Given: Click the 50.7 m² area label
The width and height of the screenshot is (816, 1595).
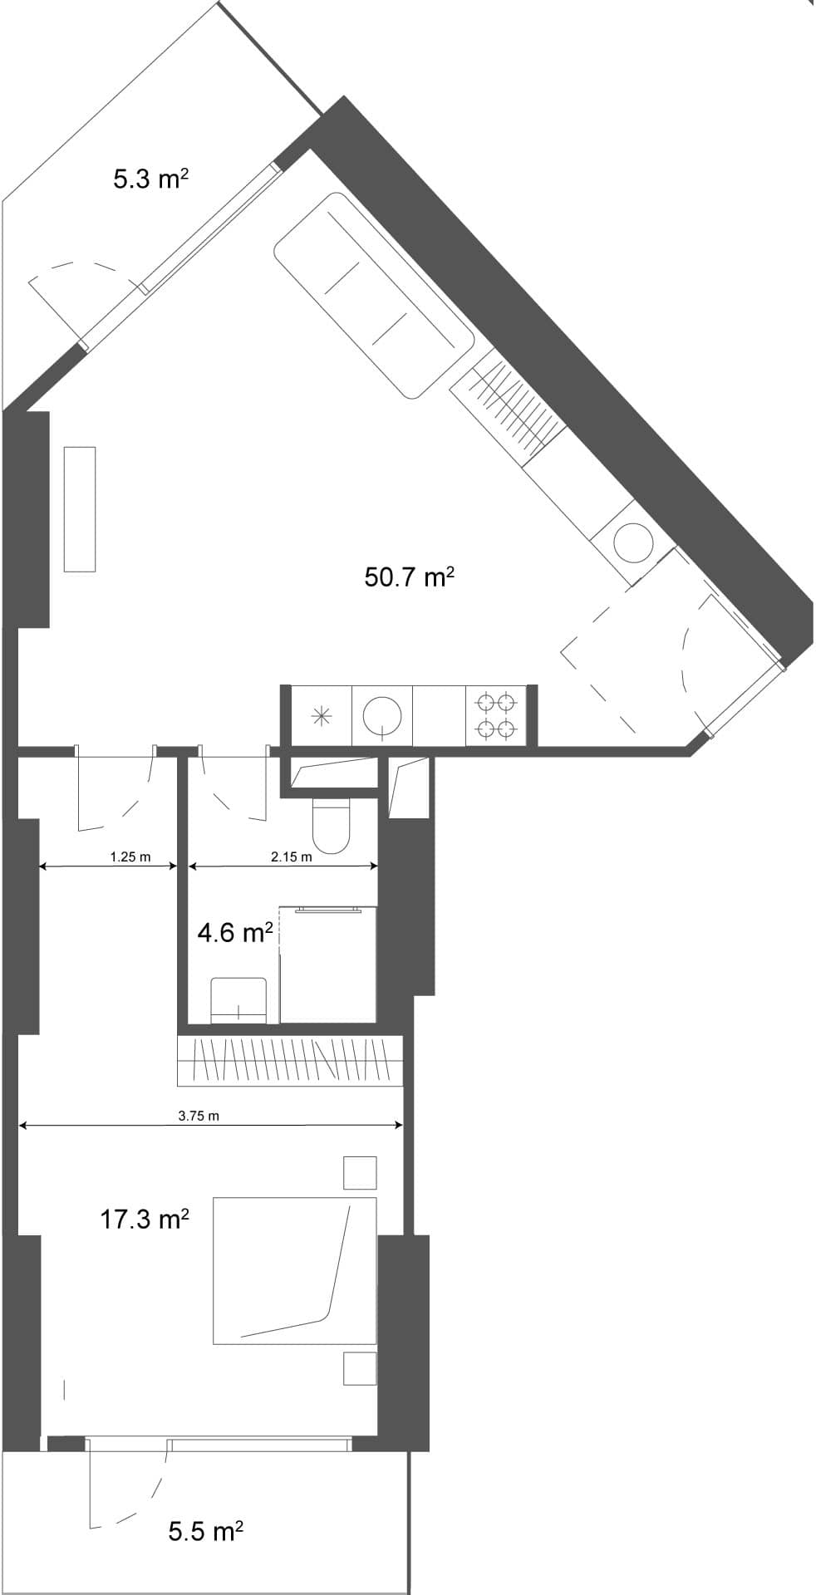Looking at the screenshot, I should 409,577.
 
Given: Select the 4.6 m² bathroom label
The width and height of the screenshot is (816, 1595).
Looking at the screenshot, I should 235,933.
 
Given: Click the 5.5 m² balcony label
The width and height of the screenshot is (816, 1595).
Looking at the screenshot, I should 205,1531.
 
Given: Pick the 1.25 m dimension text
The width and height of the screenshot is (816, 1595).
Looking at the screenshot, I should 130,857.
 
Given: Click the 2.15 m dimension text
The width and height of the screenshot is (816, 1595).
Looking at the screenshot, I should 291,857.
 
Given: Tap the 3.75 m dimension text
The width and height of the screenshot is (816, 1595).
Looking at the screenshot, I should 199,1116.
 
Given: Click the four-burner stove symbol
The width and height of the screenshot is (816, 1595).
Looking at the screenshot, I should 496,716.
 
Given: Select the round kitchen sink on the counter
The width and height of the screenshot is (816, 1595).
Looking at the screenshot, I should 382,715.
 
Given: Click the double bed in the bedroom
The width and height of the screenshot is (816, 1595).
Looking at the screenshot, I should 294,1270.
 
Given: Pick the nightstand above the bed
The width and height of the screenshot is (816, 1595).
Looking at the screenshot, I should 360,1172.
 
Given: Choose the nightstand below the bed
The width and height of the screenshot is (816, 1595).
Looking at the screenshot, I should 360,1368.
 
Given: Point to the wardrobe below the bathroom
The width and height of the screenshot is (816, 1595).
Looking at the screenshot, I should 289,1061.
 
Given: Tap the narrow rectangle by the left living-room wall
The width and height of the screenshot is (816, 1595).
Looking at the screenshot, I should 80,508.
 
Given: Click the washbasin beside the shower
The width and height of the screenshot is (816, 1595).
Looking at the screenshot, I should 238,1000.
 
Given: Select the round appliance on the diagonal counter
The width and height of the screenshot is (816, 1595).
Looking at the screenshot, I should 633,542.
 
